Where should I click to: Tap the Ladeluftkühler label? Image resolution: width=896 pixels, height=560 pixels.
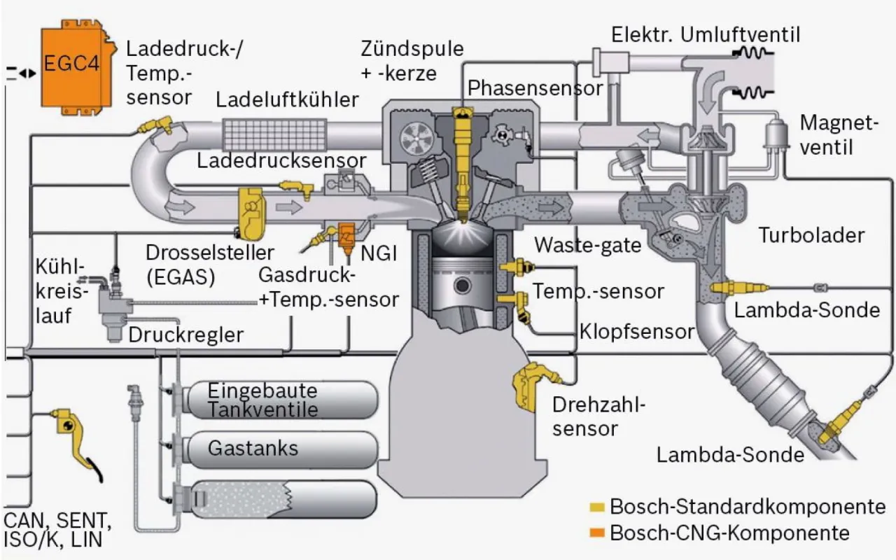(287, 99)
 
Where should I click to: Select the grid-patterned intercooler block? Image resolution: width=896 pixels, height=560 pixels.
(274, 134)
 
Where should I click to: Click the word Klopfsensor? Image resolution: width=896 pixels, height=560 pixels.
(636, 331)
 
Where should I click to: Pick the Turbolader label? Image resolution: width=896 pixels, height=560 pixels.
(812, 235)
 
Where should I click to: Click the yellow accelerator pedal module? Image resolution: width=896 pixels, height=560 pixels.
(70, 434)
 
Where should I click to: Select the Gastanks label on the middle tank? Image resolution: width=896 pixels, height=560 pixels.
(253, 448)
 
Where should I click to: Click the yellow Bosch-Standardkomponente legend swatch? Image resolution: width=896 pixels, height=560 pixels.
(597, 506)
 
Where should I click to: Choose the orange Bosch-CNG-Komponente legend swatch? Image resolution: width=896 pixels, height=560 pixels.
(597, 533)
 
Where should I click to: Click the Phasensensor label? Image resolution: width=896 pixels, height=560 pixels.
(535, 88)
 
